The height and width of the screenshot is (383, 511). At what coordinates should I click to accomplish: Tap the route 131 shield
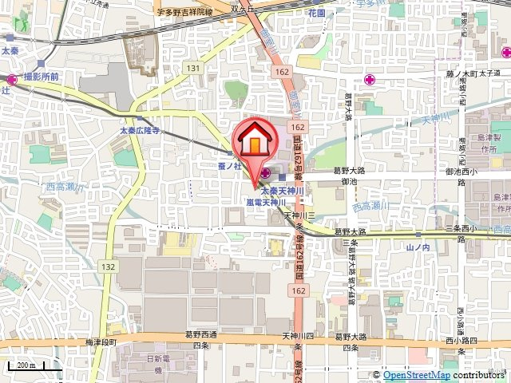coord(193,69)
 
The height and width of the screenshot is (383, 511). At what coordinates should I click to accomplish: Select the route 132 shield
coord(109,264)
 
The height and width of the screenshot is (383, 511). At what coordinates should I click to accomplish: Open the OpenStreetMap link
coord(416,375)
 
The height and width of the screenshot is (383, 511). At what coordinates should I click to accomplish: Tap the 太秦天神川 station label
coord(279,192)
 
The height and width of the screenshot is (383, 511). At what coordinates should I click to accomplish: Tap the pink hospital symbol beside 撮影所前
coord(12,79)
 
